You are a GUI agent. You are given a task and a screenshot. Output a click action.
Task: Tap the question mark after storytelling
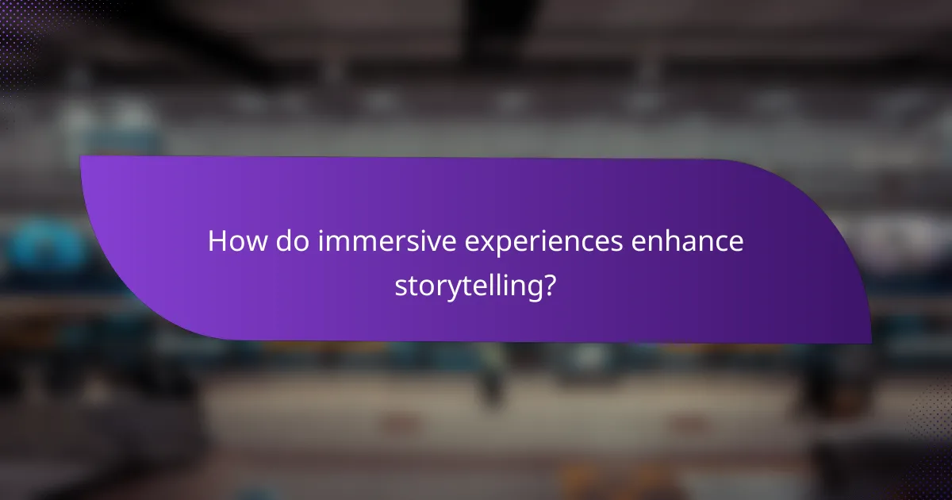click(548, 286)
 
